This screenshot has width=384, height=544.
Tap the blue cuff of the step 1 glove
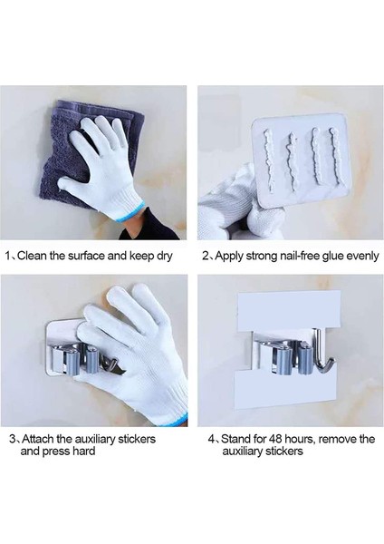pos(131,211)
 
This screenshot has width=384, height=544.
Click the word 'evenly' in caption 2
pos(362,257)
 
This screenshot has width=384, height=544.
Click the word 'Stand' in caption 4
pos(236,439)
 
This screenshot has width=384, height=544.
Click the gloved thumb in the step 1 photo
pos(71,183)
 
